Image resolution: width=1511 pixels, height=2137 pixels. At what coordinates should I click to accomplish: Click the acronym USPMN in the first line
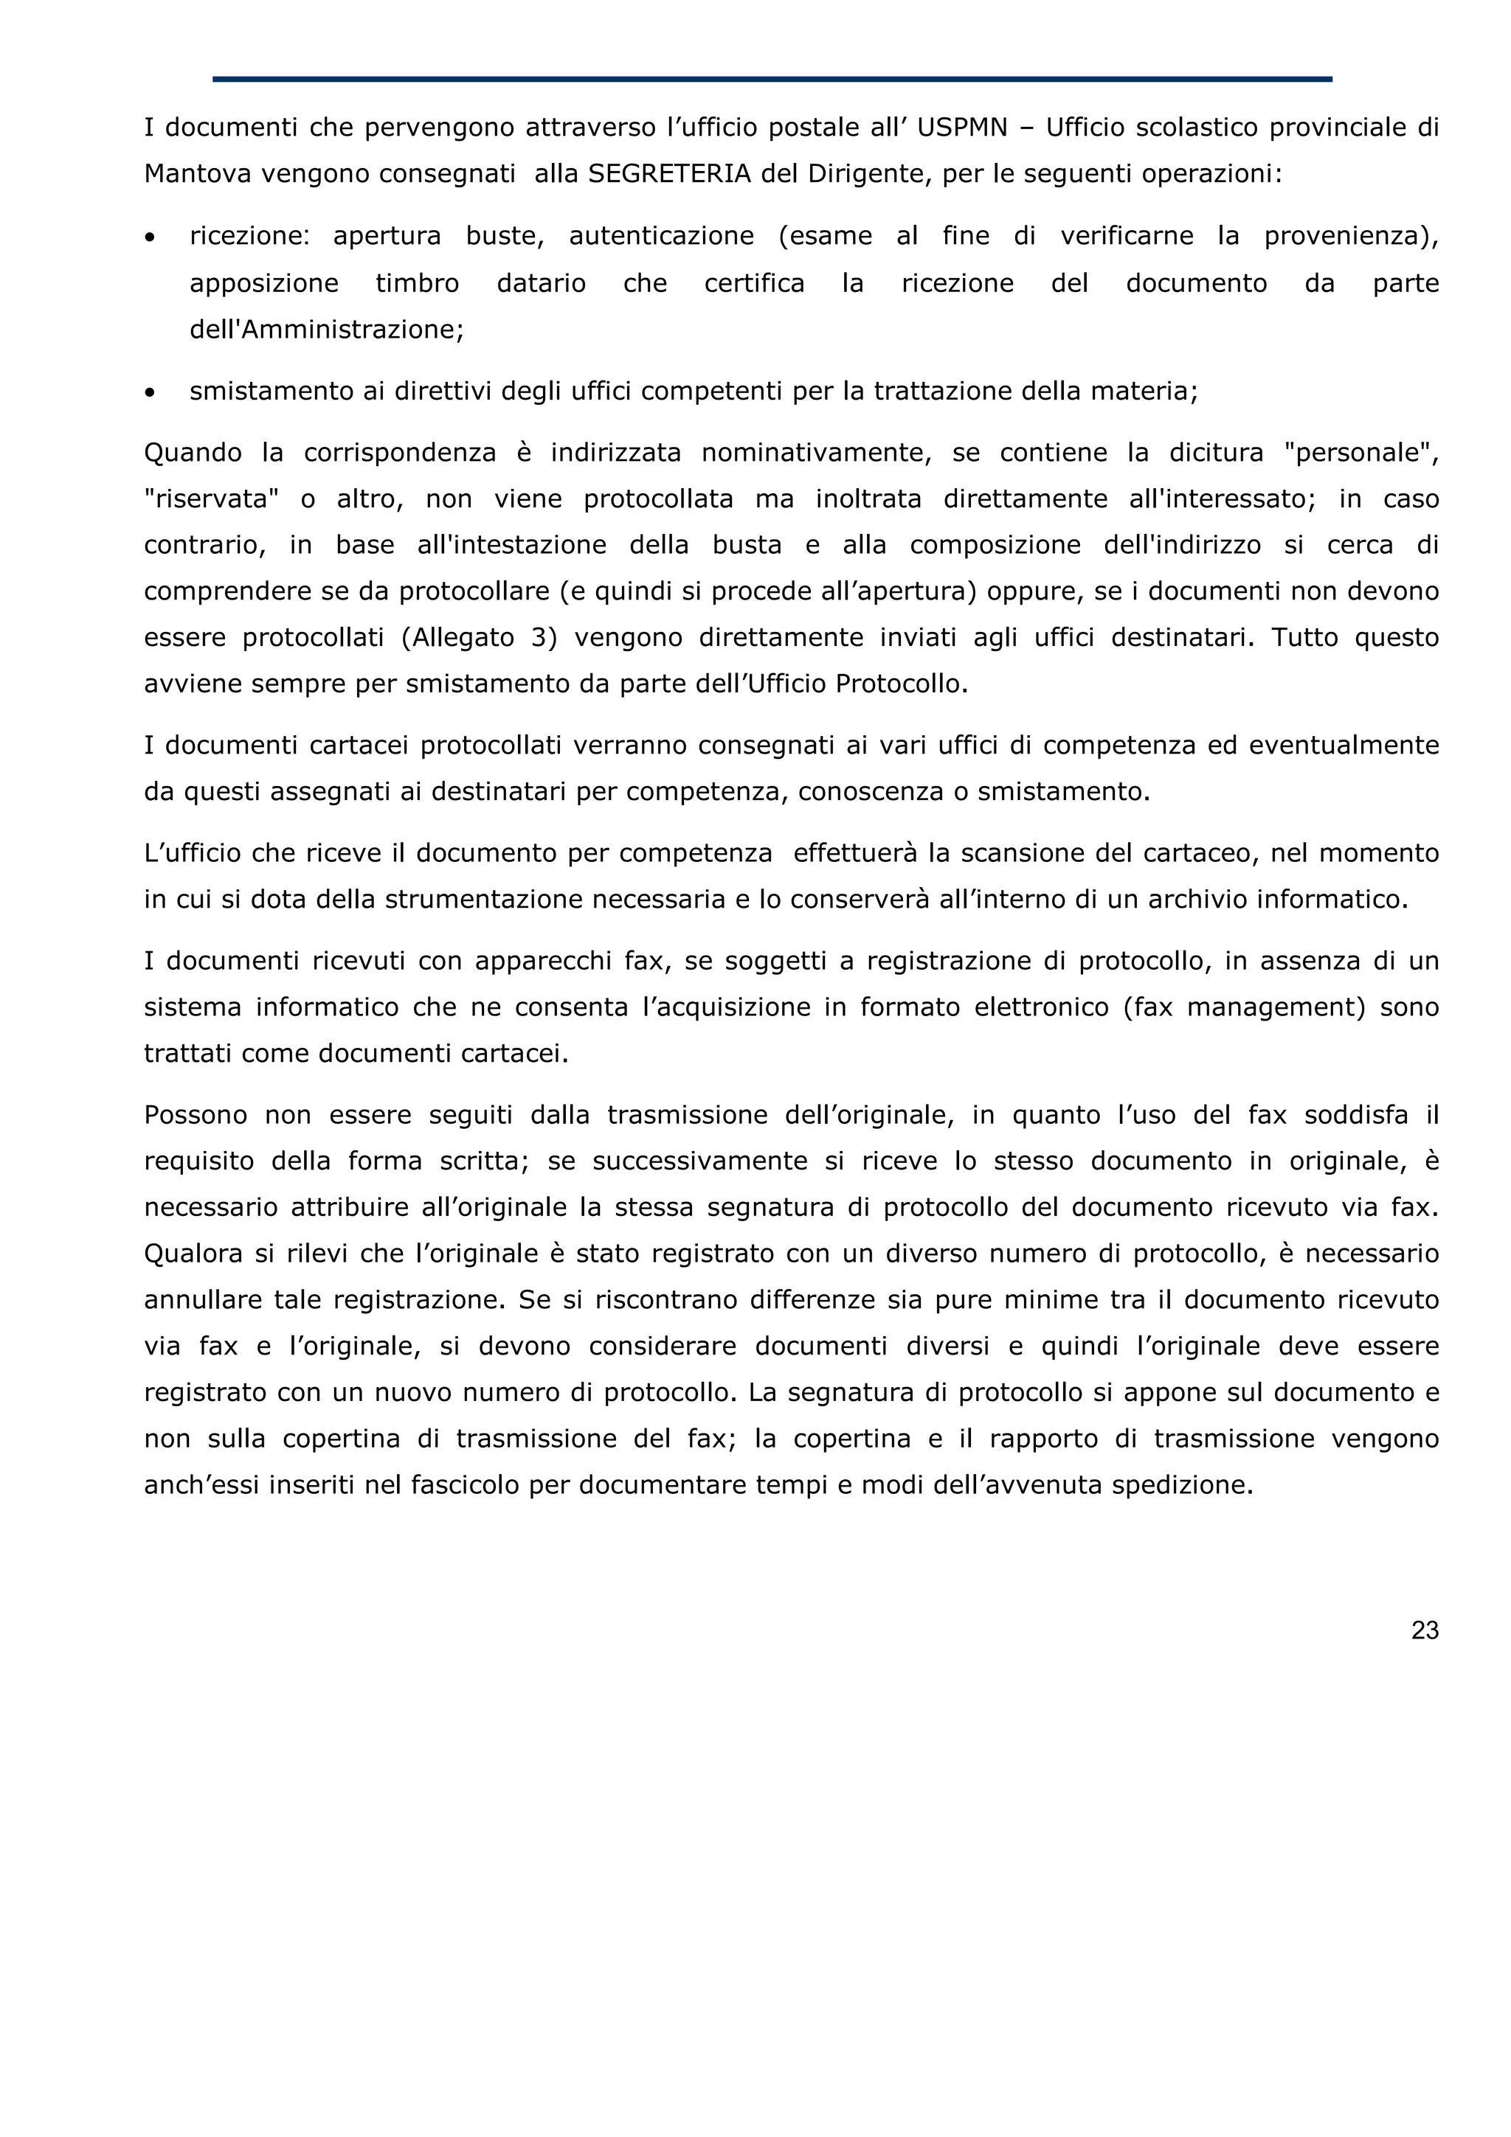(x=962, y=128)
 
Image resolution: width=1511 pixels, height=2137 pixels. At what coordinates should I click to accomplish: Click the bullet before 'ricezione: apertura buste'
(x=150, y=238)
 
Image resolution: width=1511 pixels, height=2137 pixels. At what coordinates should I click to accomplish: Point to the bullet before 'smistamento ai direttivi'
(x=150, y=393)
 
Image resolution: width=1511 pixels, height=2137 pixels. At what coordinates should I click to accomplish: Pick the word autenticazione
(x=661, y=237)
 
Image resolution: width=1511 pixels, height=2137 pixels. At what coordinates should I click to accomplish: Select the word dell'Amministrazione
(x=326, y=330)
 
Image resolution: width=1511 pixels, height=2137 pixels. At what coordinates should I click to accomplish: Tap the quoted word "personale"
(x=1360, y=454)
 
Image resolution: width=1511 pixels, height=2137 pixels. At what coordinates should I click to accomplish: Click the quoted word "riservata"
(x=211, y=500)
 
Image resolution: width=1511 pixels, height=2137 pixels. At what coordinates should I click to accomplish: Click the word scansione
(x=1028, y=853)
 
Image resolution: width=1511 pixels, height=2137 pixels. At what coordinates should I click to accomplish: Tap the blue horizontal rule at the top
(x=772, y=79)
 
